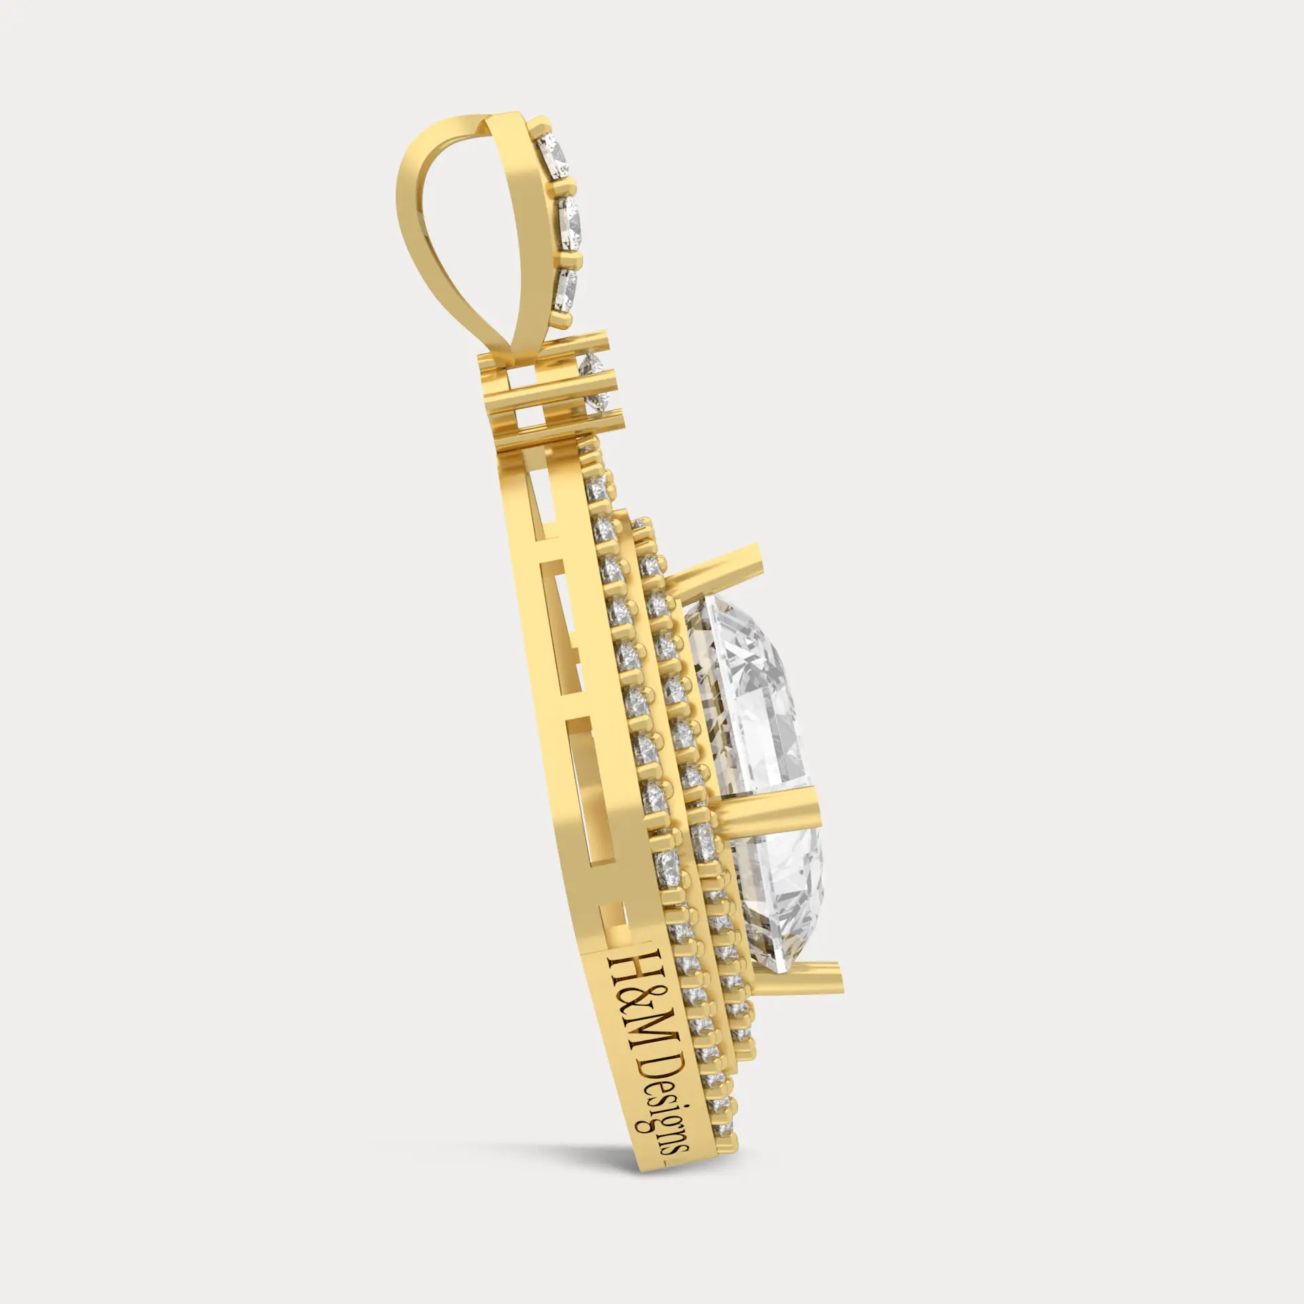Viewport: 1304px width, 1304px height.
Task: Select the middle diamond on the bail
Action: [571, 223]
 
